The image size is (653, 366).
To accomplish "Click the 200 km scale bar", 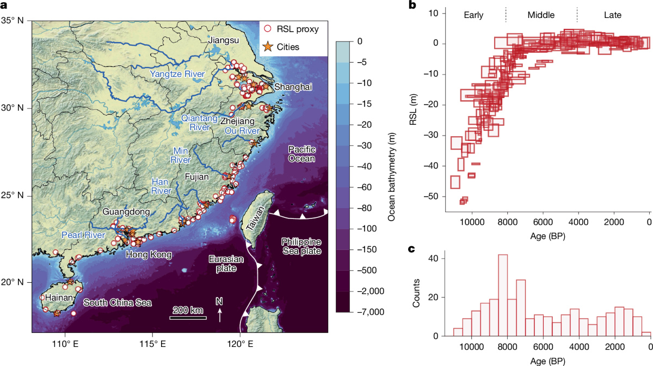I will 188,317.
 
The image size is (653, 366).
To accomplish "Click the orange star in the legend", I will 267,47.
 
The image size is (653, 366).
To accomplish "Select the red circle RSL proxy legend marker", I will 267,29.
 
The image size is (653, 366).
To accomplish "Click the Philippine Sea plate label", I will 301,246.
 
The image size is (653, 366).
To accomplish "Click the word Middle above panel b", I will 541,15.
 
